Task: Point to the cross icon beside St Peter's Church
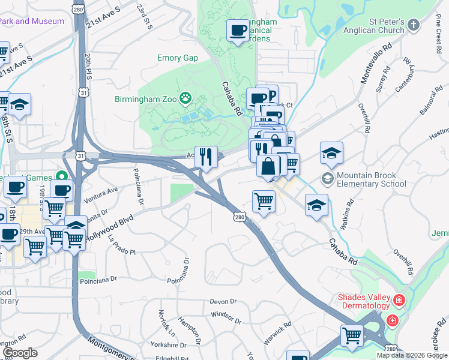413,25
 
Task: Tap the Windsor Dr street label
226,317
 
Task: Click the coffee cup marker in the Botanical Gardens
237,29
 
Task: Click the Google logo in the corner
19,352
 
